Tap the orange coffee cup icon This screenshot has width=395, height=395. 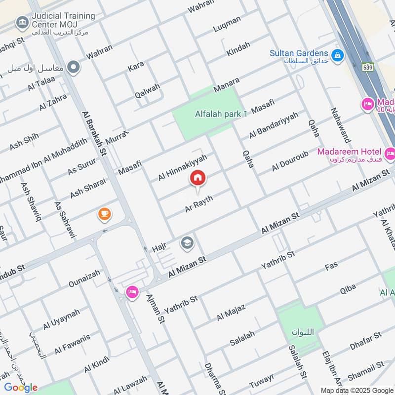pos(104,214)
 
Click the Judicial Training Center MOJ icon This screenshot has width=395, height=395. pos(22,22)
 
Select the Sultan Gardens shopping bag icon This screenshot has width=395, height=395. pos(337,55)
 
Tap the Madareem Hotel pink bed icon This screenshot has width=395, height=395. pos(390,154)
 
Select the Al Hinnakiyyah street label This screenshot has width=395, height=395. pos(182,166)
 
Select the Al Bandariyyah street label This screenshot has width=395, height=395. pos(274,124)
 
